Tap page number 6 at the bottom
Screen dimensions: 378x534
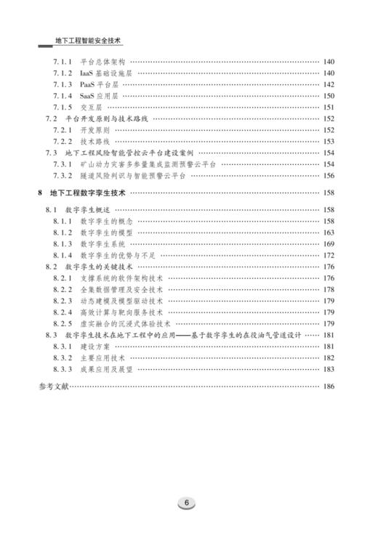coord(188,502)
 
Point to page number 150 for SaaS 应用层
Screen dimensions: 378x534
coord(328,96)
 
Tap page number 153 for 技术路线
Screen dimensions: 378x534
coord(328,141)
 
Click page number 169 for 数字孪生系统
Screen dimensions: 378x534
coord(328,243)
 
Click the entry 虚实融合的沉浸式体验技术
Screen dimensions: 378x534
coord(125,323)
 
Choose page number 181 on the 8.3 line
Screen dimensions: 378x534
coord(328,335)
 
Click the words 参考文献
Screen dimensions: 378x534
coord(54,386)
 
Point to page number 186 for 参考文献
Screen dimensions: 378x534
coord(328,386)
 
